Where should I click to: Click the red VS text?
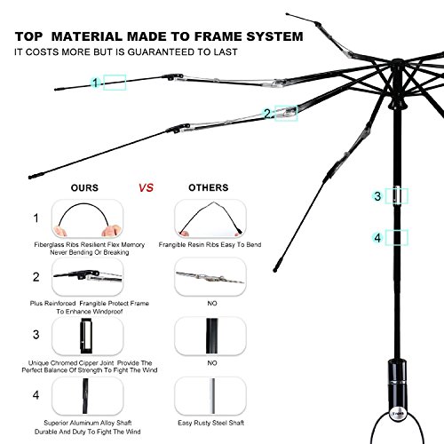coord(146,187)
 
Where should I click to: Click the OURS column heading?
coord(84,187)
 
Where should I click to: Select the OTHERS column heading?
coord(209,187)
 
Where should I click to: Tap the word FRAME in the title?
coord(218,36)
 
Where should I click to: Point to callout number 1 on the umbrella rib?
coord(95,83)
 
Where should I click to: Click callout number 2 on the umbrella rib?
coord(267,114)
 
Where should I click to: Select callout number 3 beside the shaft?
coord(377,196)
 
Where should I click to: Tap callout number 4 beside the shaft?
coord(377,238)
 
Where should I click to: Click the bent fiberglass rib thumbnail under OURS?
coord(87,218)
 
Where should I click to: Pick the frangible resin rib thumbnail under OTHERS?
coord(210,218)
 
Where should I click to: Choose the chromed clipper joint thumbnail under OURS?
coord(87,336)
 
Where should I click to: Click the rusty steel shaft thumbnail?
coord(210,396)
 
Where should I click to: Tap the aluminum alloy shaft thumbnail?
coord(87,396)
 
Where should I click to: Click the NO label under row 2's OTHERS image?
coord(212,304)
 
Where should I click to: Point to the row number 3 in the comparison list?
coord(36,335)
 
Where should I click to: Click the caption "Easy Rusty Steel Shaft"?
coord(211,423)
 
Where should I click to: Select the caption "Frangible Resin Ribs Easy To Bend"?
coord(210,245)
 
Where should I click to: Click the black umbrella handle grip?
coord(397,385)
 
